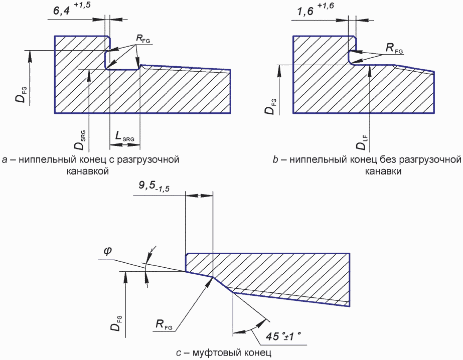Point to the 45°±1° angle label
[x=283, y=336]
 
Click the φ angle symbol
[x=107, y=251]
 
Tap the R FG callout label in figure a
[x=143, y=39]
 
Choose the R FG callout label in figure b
[x=394, y=48]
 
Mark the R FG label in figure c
[x=164, y=325]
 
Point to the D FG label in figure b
[x=271, y=106]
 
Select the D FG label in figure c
[x=116, y=323]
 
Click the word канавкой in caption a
[x=88, y=171]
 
